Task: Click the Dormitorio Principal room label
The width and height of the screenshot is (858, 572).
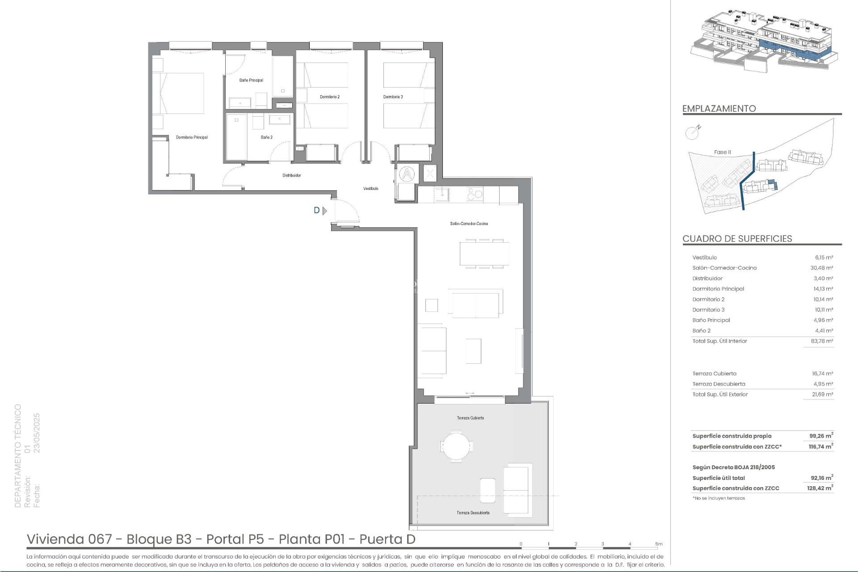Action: point(192,137)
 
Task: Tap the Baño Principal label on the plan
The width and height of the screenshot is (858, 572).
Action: point(251,80)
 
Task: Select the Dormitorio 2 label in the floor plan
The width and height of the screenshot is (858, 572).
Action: point(330,97)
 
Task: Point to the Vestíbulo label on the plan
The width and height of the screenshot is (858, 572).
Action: point(371,189)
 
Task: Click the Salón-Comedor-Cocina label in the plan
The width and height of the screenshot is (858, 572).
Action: point(469,223)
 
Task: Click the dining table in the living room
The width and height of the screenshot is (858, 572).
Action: point(484,254)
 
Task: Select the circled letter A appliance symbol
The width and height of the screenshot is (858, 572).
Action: point(407,174)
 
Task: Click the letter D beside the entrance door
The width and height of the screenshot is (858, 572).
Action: point(317,210)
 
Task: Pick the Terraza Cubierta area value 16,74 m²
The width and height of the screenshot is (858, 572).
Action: point(822,374)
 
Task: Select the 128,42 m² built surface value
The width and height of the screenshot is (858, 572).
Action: point(820,488)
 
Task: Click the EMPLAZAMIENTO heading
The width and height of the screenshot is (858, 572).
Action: point(719,109)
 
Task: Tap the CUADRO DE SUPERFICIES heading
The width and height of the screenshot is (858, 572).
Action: point(737,239)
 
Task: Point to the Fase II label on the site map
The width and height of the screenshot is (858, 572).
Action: point(722,152)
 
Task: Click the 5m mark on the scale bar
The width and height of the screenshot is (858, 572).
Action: point(659,544)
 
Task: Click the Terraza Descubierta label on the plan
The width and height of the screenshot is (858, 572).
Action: point(473,513)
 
